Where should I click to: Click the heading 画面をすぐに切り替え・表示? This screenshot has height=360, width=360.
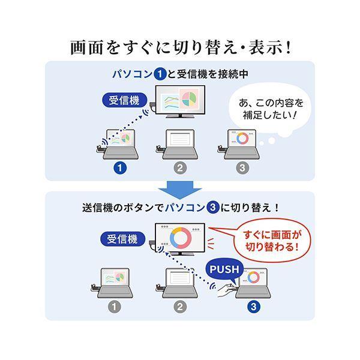pyautogui.click(x=180, y=46)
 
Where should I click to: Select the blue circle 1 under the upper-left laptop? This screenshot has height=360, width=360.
pyautogui.click(x=121, y=168)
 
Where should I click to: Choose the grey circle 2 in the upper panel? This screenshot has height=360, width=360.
pyautogui.click(x=180, y=168)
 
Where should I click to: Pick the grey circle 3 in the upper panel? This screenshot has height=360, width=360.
pyautogui.click(x=241, y=168)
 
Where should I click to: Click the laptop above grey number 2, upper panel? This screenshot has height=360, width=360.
pyautogui.click(x=180, y=144)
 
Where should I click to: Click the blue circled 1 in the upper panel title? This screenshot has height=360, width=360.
pyautogui.click(x=160, y=75)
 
